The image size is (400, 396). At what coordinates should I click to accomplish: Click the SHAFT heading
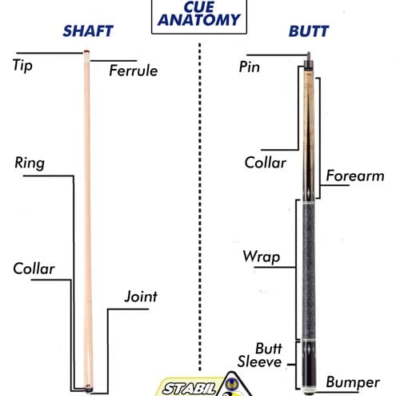point(88,31)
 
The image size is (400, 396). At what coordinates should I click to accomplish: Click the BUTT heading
point(309,31)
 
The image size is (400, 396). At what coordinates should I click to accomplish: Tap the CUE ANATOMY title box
point(199,16)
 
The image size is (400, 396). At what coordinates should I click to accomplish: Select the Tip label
point(22,66)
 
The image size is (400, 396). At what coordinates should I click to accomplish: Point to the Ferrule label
point(134,71)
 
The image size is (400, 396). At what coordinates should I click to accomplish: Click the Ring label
point(30,163)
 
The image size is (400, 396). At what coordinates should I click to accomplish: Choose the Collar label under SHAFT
point(34,269)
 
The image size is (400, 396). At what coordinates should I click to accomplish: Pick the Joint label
point(141,297)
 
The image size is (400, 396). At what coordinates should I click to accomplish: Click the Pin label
point(249,67)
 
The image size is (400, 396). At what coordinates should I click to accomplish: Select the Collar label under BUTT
point(266,163)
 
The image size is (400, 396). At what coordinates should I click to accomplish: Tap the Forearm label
point(355,176)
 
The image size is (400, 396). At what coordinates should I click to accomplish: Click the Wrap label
point(262,257)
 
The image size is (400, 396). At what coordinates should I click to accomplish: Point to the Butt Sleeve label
point(260,355)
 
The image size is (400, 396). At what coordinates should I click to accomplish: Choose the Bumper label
point(353,382)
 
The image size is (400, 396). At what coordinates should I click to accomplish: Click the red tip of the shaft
point(86,51)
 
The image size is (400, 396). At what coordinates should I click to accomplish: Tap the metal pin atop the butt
point(309,56)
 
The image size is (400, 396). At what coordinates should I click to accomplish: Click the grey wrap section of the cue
point(309,271)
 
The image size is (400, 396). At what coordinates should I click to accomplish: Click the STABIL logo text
point(190,388)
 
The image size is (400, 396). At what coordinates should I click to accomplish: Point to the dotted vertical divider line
point(200,207)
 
